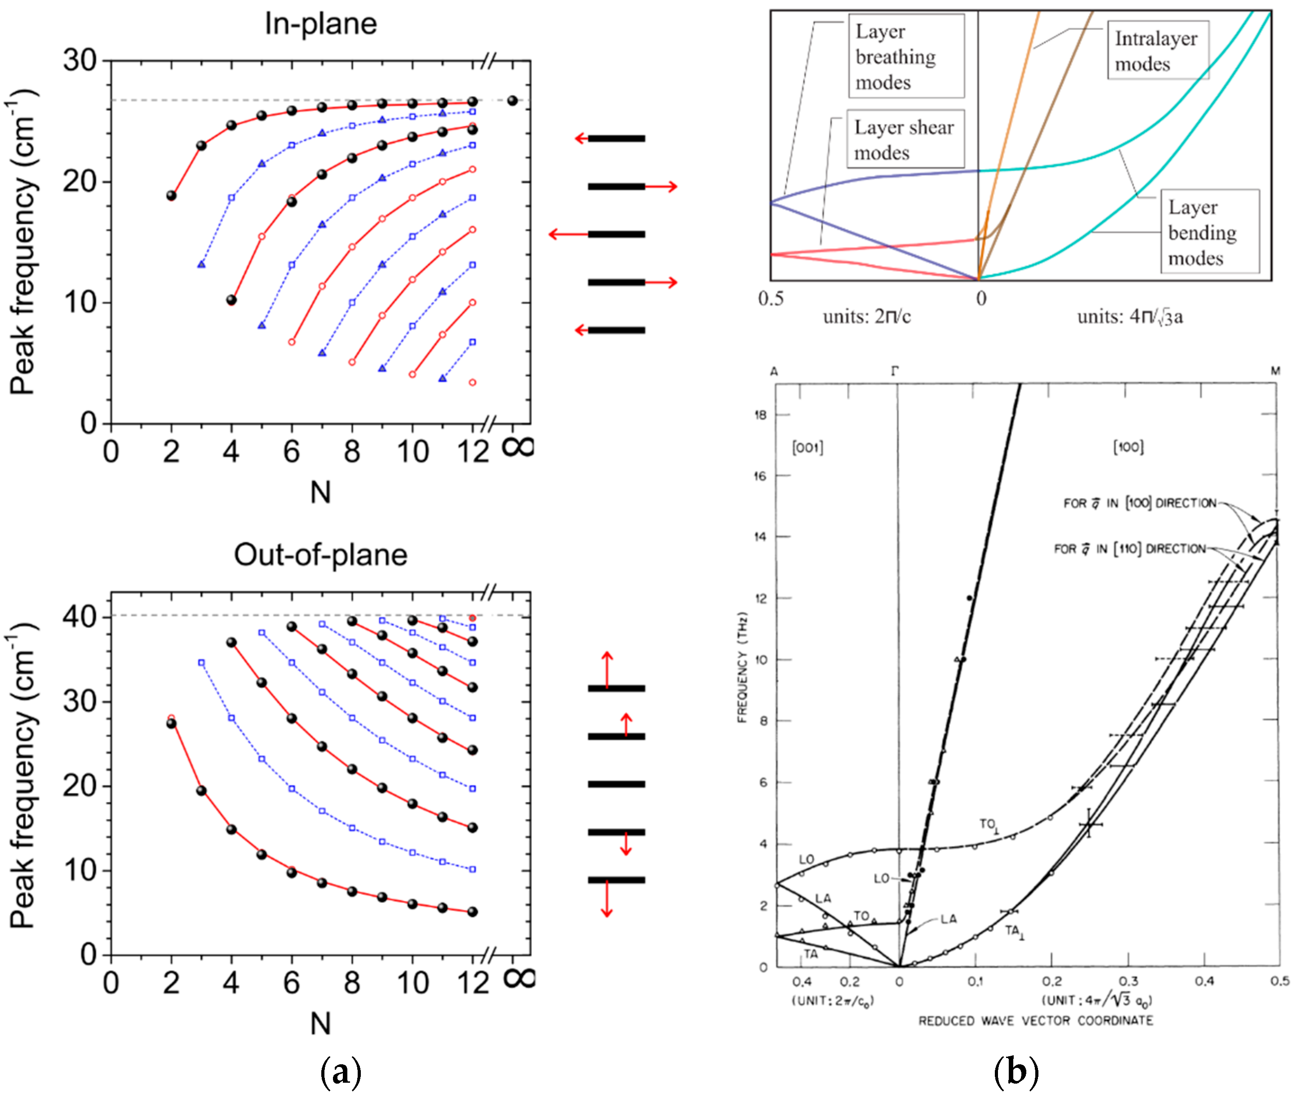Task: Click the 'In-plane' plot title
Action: (x=320, y=24)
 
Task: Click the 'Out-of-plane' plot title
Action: (x=320, y=555)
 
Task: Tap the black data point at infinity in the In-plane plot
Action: (x=512, y=100)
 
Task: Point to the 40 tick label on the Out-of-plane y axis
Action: (x=80, y=616)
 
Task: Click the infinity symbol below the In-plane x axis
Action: (x=517, y=446)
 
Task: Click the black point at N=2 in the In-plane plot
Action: (x=171, y=196)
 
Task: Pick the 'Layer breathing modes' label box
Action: (x=905, y=56)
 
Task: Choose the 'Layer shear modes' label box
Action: (x=905, y=139)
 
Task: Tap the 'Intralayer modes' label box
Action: (x=1157, y=50)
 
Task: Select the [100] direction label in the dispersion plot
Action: (x=1127, y=446)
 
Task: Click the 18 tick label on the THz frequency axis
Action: (x=760, y=415)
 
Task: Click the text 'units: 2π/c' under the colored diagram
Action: (x=866, y=316)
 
